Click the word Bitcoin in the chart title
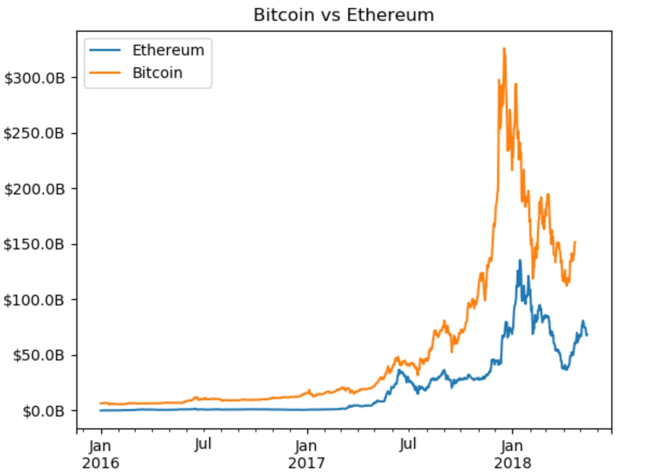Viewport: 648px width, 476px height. pos(284,15)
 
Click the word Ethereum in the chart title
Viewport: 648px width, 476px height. pos(390,15)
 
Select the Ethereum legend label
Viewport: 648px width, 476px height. pos(168,50)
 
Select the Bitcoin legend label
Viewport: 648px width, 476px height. pos(157,73)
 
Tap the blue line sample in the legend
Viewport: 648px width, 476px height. pos(105,50)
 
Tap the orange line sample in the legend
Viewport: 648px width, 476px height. pos(105,73)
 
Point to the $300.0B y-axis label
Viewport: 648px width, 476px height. pos(35,78)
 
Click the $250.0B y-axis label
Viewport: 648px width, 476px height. pos(34,133)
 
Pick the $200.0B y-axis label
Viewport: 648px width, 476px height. pos(35,189)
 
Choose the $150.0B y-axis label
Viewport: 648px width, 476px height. pos(34,244)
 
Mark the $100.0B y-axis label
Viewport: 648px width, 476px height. pos(34,300)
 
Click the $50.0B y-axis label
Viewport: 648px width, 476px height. pos(38,356)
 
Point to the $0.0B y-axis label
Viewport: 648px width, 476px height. pos(43,411)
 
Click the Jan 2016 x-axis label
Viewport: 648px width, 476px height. pos(100,454)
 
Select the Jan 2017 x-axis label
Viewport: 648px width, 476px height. pos(306,454)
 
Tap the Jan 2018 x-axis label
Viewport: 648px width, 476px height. pos(512,454)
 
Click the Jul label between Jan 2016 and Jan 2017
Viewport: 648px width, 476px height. pos(203,444)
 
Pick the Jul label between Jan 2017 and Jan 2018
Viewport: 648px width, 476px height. pos(408,444)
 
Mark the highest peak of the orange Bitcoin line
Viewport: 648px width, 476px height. pos(504,49)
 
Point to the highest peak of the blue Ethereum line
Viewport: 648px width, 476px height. pos(520,260)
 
